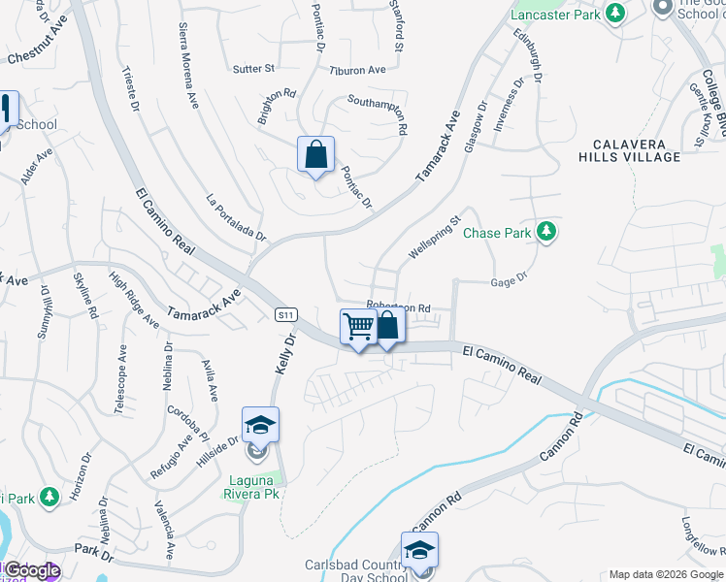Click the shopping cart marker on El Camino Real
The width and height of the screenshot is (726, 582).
358,327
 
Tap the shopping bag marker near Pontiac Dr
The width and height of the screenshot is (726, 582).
315,154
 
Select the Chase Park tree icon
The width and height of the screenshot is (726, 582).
547,231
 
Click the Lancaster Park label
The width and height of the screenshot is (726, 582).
554,16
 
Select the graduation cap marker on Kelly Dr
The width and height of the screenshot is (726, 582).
260,425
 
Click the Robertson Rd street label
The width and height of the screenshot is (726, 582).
397,307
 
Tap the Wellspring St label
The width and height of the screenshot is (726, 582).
432,238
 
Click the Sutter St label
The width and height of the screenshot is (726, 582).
254,69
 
